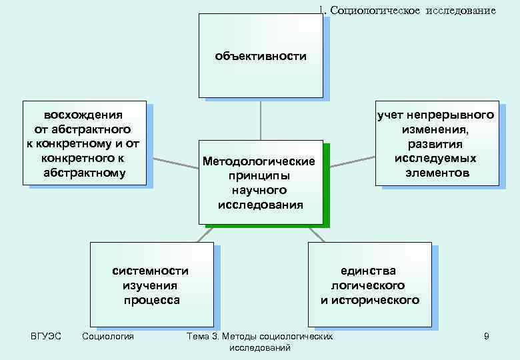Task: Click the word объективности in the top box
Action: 261,56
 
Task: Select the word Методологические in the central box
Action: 259,162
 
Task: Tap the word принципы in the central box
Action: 258,177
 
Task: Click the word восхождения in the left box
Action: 83,114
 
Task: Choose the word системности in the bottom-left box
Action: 151,271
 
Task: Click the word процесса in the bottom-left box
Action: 151,300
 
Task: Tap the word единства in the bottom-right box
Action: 368,271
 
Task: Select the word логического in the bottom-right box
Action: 368,285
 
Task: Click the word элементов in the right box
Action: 437,173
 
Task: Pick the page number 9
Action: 487,337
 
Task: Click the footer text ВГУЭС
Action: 46,336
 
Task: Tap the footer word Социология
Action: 107,336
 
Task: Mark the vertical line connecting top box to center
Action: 261,120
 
